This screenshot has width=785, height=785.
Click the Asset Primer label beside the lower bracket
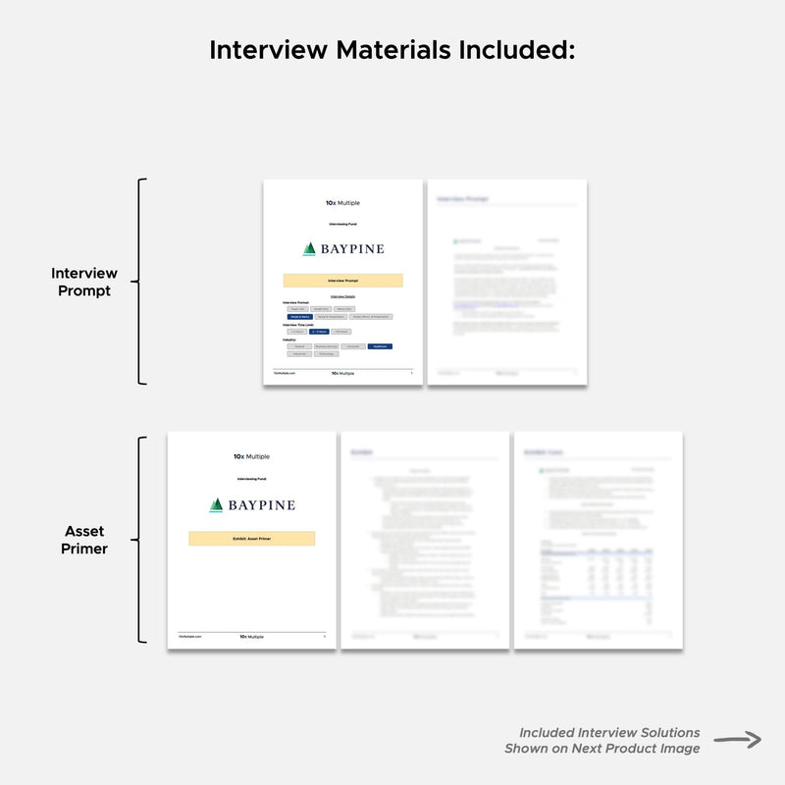pyautogui.click(x=84, y=540)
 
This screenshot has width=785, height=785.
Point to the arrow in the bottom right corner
pyautogui.click(x=738, y=740)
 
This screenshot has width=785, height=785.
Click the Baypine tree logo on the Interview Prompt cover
pyautogui.click(x=309, y=248)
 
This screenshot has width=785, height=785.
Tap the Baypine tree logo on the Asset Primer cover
pyautogui.click(x=216, y=504)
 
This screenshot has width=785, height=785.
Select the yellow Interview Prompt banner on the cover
pyautogui.click(x=342, y=280)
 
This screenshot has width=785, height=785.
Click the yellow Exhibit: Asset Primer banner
pyautogui.click(x=251, y=538)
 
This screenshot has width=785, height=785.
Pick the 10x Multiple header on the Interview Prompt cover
pyautogui.click(x=342, y=203)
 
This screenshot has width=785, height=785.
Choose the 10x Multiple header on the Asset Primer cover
pyautogui.click(x=251, y=456)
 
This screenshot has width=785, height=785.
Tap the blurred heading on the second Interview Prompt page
pyautogui.click(x=462, y=199)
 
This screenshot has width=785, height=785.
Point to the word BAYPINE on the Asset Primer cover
pyautogui.click(x=261, y=505)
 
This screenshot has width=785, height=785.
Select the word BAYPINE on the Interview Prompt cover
pyautogui.click(x=352, y=249)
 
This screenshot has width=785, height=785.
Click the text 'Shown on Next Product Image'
pyautogui.click(x=602, y=749)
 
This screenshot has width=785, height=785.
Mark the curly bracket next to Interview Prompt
pyautogui.click(x=141, y=282)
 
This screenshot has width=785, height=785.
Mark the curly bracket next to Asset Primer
pyautogui.click(x=141, y=540)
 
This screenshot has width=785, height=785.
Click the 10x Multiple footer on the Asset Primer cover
pyautogui.click(x=251, y=636)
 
